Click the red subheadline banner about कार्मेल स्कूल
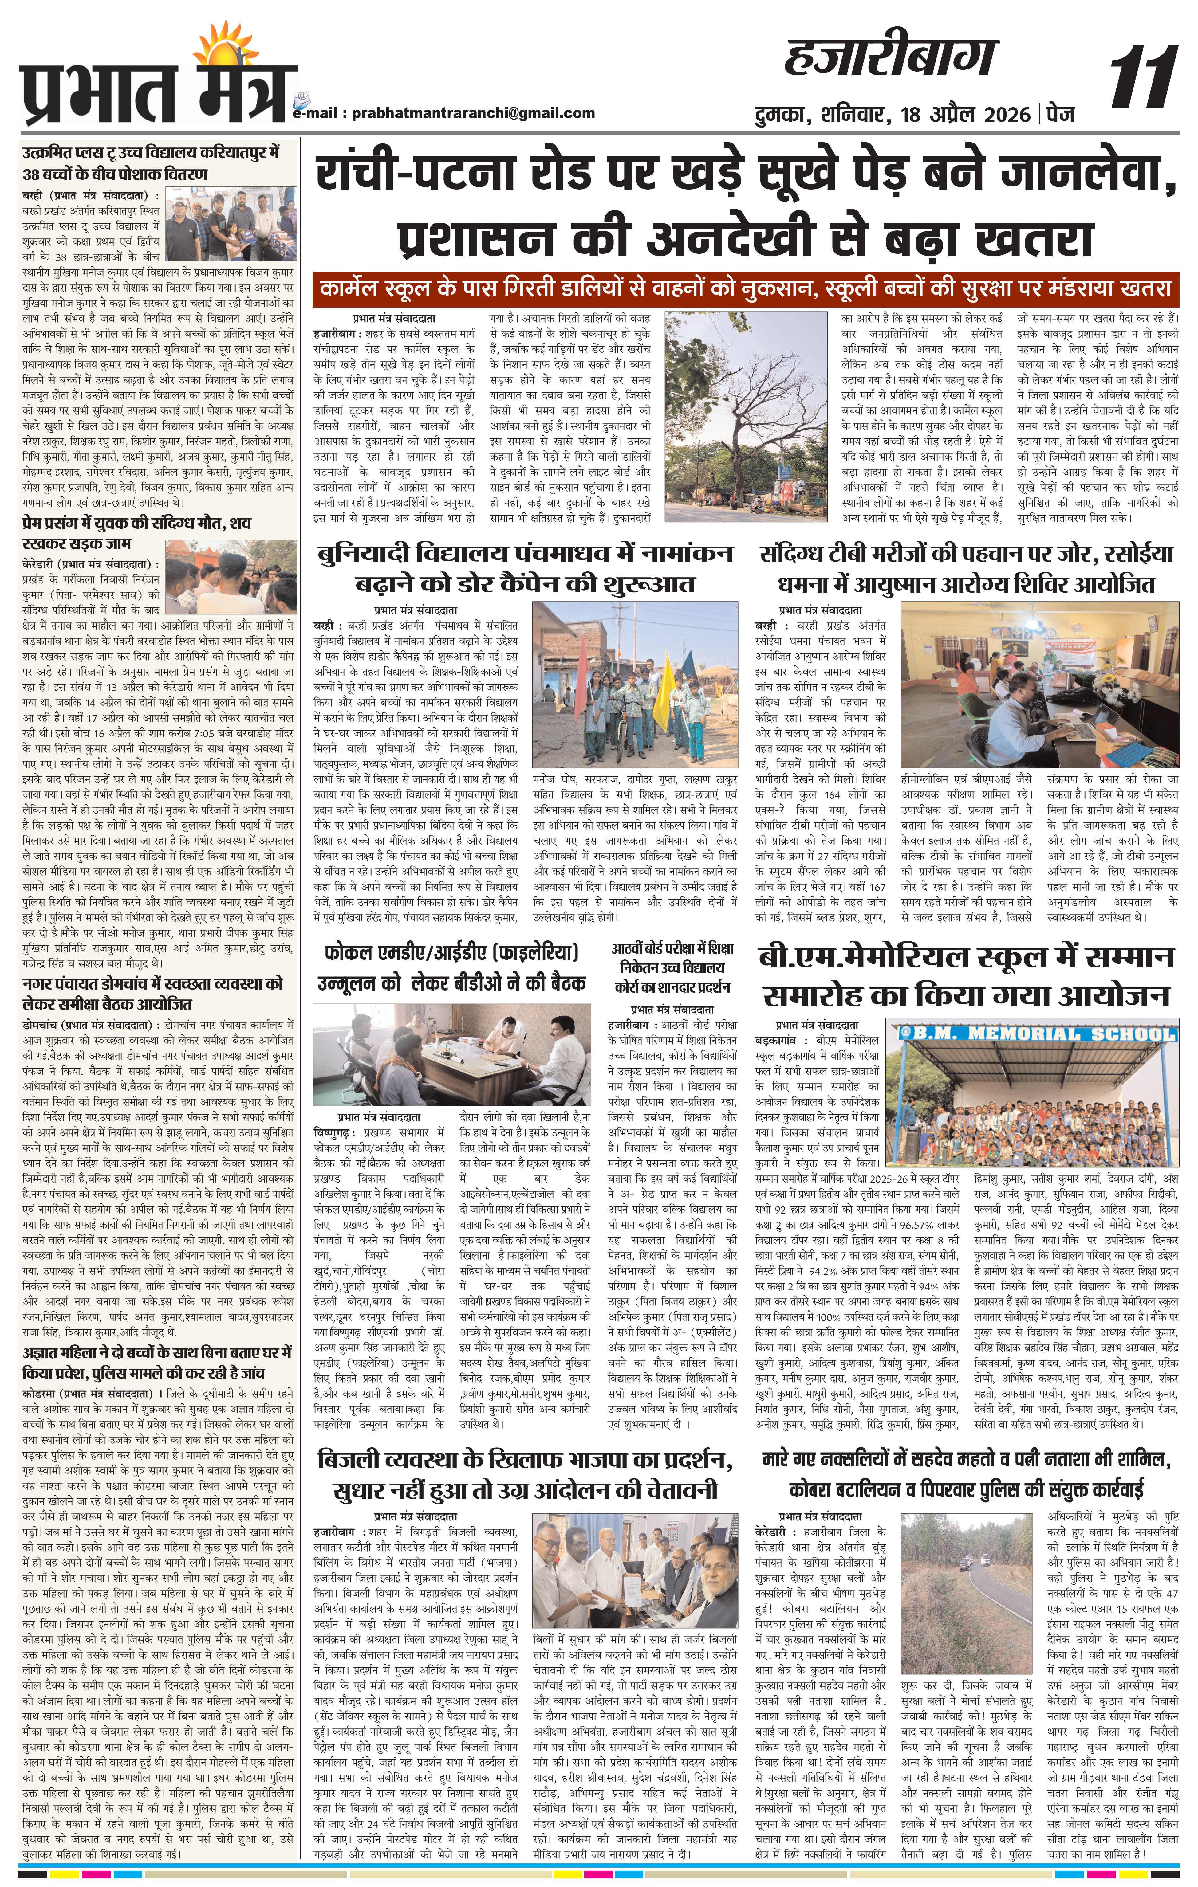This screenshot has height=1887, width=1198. coord(745,288)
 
